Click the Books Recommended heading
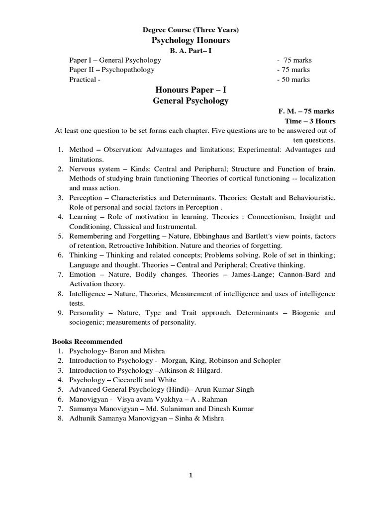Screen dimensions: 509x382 (x=88, y=341)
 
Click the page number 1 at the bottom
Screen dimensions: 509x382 (x=191, y=475)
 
